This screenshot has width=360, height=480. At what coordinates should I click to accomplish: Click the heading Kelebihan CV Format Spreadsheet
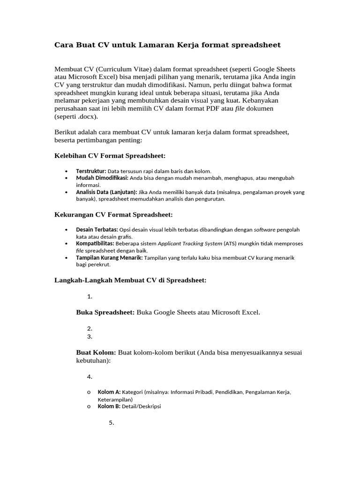click(x=111, y=155)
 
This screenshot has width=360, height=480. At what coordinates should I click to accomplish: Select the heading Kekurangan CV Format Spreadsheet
click(x=114, y=214)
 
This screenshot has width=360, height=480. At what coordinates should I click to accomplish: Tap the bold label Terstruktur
click(x=91, y=171)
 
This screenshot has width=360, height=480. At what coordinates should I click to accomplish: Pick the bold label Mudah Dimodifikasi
click(x=102, y=178)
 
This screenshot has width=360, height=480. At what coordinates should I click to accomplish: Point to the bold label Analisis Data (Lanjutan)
click(x=106, y=192)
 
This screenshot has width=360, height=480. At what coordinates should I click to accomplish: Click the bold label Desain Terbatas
click(x=97, y=230)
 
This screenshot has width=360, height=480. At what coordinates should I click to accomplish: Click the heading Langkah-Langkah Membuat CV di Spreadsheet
click(x=131, y=280)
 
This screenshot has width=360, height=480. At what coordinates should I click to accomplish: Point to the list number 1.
click(x=90, y=296)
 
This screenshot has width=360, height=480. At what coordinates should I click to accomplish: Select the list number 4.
click(x=90, y=376)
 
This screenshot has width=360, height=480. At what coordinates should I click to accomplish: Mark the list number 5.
click(x=112, y=422)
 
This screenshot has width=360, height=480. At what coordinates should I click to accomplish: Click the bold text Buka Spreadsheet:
click(x=105, y=312)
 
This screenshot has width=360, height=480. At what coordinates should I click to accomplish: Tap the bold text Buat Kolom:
click(x=96, y=352)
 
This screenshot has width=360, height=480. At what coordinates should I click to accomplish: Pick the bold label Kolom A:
click(x=109, y=392)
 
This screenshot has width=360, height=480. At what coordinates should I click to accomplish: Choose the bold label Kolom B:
click(x=109, y=406)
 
